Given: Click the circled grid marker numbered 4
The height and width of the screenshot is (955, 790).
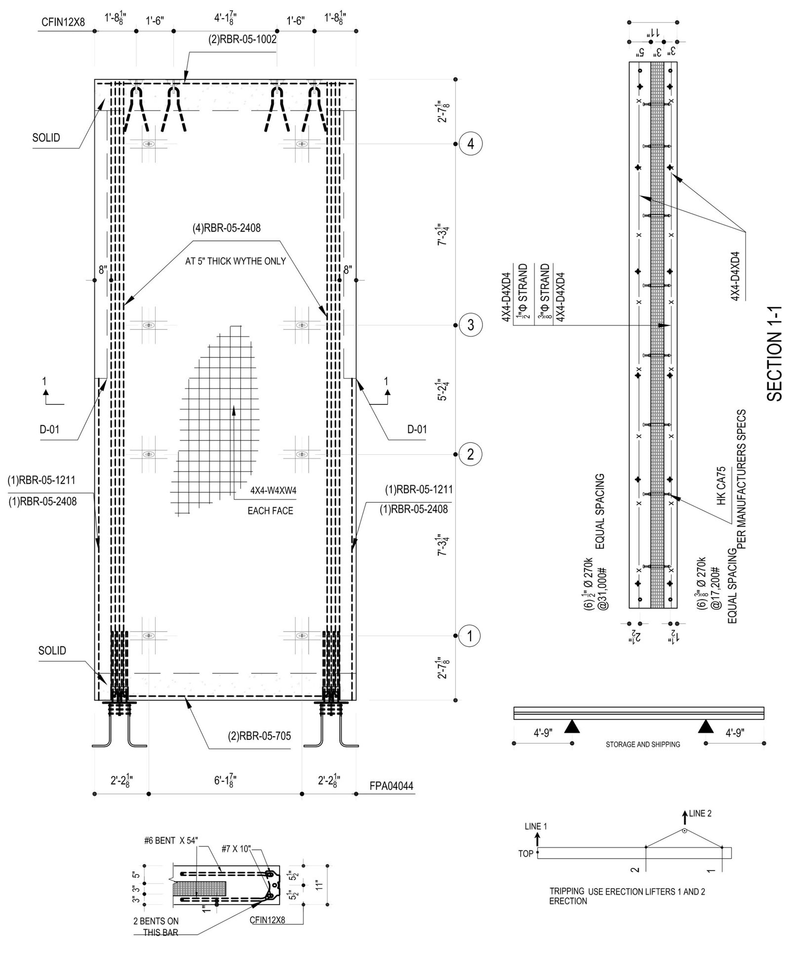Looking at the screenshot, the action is (470, 144).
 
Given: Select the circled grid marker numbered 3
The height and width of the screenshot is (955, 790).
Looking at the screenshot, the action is (470, 325).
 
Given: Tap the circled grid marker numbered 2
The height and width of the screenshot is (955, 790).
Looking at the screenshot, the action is (470, 453).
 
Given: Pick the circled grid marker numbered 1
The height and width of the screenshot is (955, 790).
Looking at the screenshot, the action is (470, 636).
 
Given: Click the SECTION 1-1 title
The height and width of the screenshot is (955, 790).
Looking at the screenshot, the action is (775, 353).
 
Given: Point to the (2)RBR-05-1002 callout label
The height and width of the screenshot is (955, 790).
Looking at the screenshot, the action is (242, 40).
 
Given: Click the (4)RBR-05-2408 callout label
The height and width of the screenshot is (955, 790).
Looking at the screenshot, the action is (227, 228).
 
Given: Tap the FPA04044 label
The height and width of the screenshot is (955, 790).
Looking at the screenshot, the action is (392, 786).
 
